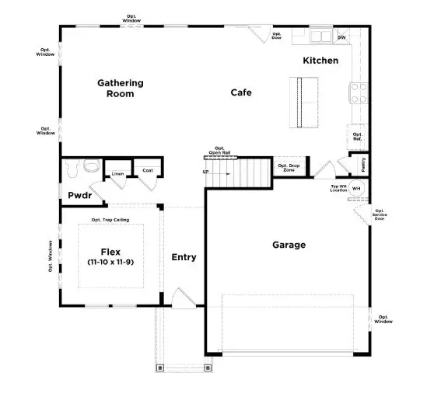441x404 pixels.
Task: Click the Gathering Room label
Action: coord(121,88)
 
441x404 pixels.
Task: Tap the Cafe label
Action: coord(241,92)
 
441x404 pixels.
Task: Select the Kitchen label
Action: coord(320,60)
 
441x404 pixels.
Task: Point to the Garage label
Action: coord(289,245)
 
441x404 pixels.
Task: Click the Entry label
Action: coord(184,257)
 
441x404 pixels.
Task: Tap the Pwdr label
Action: coord(79,196)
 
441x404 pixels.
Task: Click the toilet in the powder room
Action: coord(90,165)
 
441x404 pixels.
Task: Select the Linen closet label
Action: coord(118,173)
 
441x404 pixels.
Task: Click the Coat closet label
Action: coord(147,170)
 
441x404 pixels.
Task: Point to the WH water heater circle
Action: coord(357,188)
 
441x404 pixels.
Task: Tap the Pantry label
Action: coord(363,165)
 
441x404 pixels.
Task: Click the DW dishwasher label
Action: coord(341,37)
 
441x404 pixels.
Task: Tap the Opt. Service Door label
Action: coord(380,215)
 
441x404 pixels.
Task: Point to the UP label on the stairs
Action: coord(205,172)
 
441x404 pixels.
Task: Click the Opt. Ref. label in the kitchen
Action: coord(358,137)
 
